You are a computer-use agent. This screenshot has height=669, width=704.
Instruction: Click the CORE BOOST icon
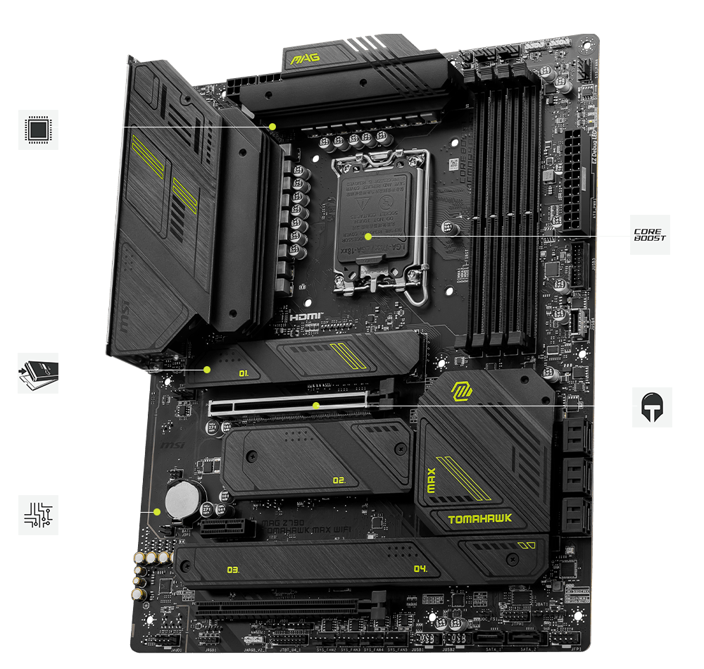point(650,235)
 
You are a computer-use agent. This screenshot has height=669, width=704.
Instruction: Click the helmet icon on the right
point(652,407)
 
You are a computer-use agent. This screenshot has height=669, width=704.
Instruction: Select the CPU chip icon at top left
point(38,129)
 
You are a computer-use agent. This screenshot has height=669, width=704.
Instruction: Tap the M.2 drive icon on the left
point(38,373)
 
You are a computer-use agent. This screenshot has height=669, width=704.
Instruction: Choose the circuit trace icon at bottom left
point(38,514)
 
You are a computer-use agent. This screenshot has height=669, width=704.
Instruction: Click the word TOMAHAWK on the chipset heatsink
point(480,520)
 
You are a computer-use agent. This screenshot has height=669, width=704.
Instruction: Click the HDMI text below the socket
point(306,317)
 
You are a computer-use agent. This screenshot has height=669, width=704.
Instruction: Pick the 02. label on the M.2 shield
point(339,480)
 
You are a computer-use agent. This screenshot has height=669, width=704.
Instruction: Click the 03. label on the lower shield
point(234,569)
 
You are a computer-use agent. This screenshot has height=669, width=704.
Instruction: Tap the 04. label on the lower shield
point(420,569)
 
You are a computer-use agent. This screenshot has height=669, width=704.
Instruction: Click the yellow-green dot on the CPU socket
point(367,237)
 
